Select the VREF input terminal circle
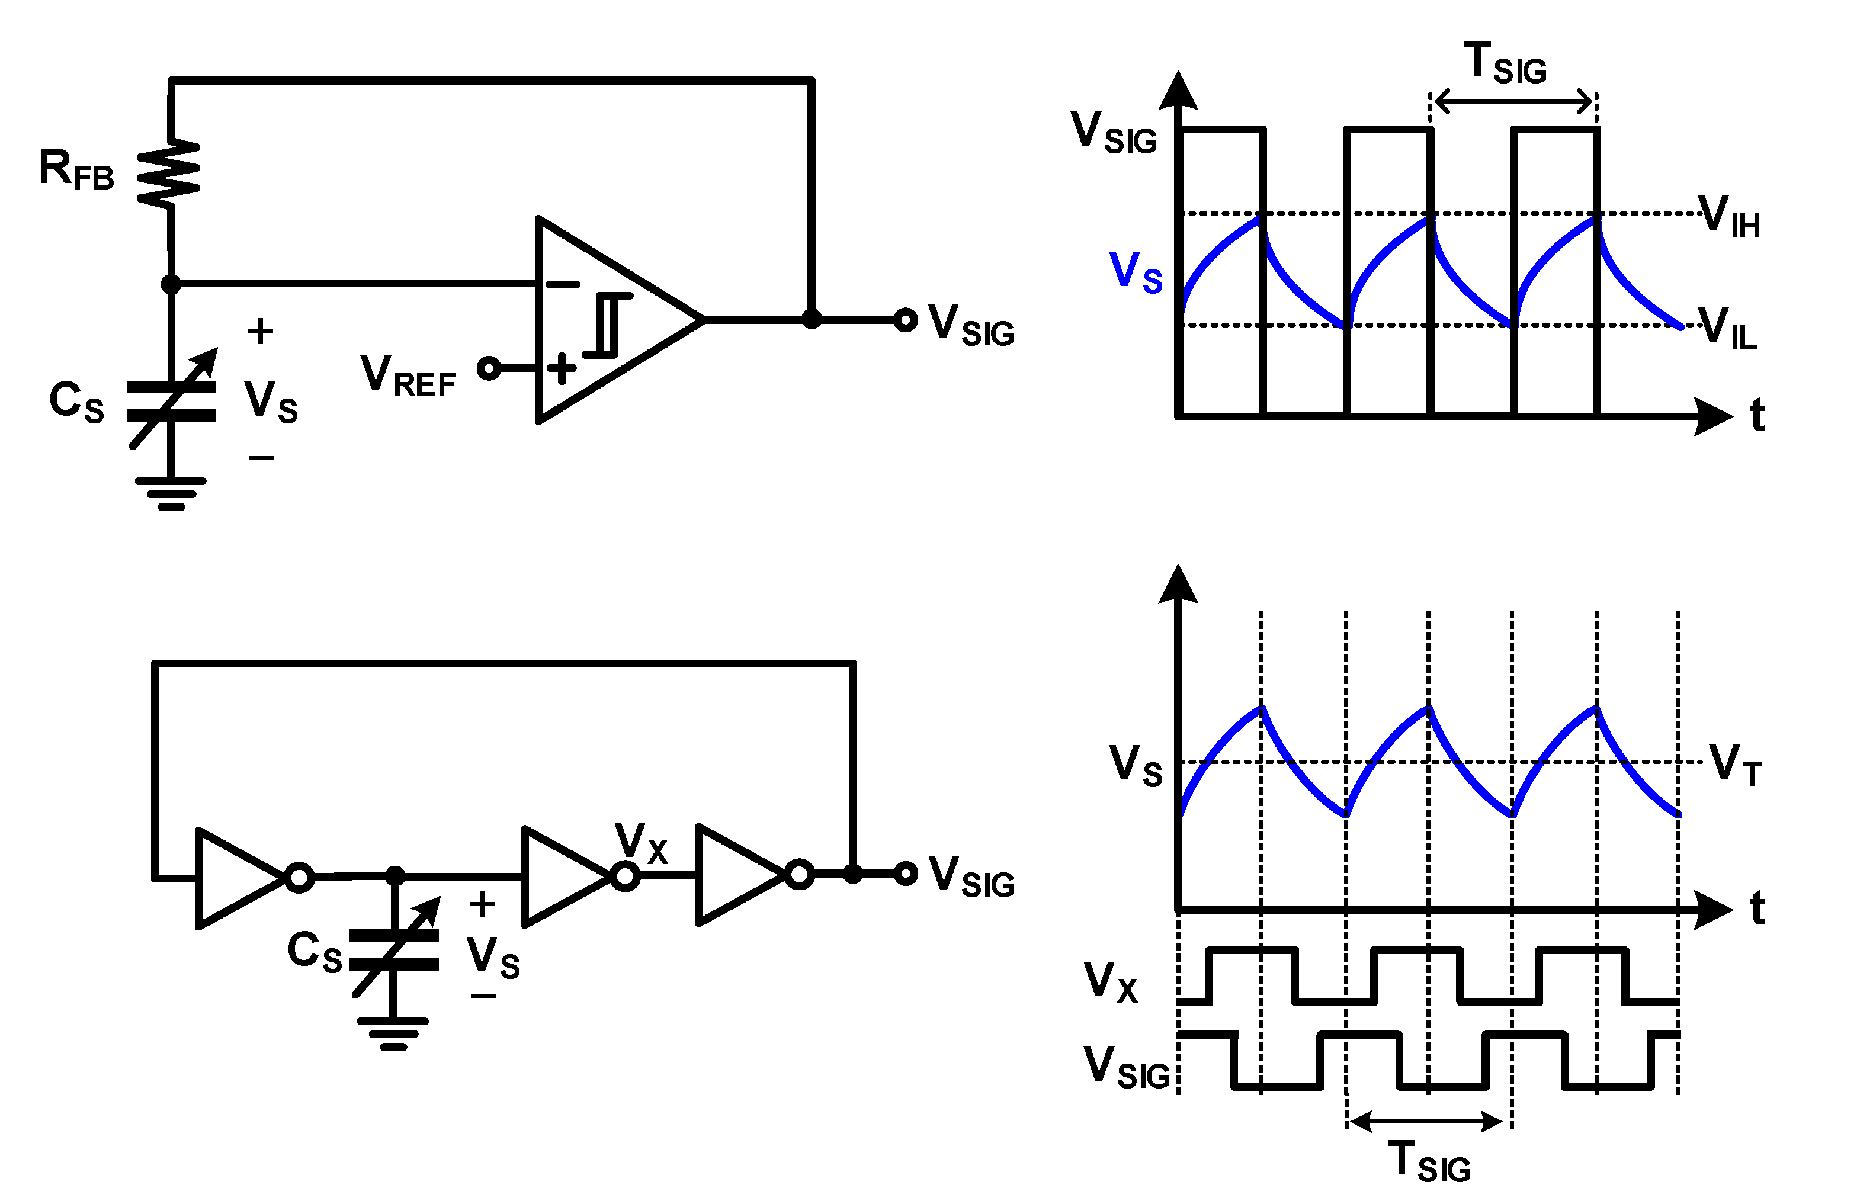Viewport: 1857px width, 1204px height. tap(489, 368)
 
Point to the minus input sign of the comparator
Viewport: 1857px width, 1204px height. tap(562, 285)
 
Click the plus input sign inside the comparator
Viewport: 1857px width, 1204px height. tap(561, 368)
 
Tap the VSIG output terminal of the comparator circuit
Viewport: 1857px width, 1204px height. tap(905, 320)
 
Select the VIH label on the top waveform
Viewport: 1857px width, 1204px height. tap(1729, 216)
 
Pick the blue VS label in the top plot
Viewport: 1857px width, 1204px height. tap(1136, 272)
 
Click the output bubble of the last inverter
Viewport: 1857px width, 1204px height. tap(799, 874)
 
